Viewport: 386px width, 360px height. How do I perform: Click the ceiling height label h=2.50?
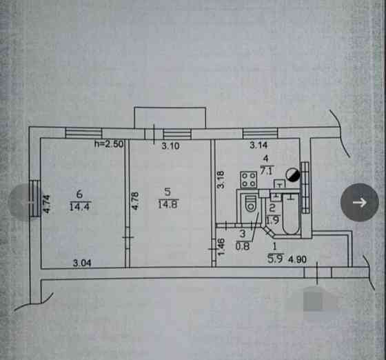tap(109, 144)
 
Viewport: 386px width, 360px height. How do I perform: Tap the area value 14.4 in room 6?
tap(79, 207)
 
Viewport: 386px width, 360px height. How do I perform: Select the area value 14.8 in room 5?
tap(168, 204)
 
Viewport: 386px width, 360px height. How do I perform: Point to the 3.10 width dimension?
tap(171, 146)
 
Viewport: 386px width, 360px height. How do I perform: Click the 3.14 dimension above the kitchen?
tap(258, 146)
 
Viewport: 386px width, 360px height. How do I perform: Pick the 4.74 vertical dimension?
tap(47, 203)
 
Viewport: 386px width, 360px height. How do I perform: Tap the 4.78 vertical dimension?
tap(135, 201)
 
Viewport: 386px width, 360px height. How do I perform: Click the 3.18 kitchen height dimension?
tap(221, 179)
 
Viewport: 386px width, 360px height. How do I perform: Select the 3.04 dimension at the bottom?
tap(82, 263)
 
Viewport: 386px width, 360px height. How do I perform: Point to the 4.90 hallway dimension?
tap(298, 259)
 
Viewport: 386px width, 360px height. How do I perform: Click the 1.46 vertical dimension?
tap(221, 247)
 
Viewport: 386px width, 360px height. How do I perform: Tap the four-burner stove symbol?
tap(249, 180)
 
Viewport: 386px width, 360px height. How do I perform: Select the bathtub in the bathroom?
tap(291, 214)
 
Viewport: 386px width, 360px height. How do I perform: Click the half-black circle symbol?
tap(293, 174)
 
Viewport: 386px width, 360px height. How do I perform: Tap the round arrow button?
tap(360, 202)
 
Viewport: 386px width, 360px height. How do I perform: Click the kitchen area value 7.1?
tap(266, 170)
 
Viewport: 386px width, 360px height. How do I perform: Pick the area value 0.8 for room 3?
tap(243, 246)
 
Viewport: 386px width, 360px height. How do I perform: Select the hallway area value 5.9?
tap(276, 259)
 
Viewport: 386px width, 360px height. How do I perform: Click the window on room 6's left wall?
tap(34, 199)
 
